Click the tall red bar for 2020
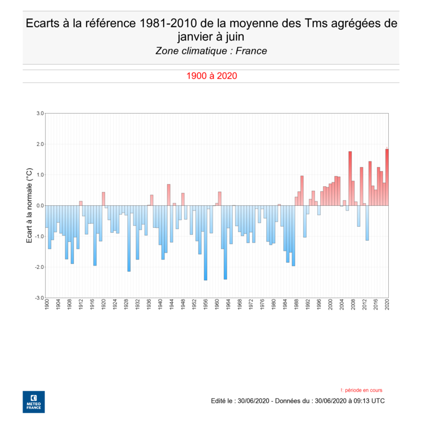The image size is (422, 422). click(x=387, y=177)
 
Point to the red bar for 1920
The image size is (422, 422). click(x=104, y=199)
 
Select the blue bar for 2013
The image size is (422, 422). click(x=367, y=223)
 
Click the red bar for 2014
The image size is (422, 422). click(x=370, y=183)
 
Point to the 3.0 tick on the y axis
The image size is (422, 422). click(x=40, y=113)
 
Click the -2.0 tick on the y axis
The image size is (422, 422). click(x=39, y=267)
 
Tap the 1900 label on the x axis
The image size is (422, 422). click(x=47, y=304)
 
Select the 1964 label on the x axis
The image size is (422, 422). click(x=228, y=304)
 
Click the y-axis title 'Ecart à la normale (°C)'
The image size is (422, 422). click(x=30, y=205)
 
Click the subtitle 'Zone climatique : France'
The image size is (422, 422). click(x=211, y=51)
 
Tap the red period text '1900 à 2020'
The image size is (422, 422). click(x=211, y=76)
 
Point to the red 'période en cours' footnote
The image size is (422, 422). click(x=362, y=390)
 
